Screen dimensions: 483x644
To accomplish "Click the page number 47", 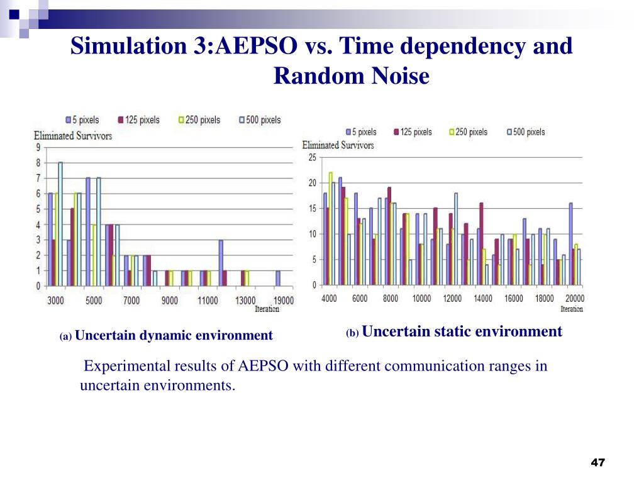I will coord(597,463).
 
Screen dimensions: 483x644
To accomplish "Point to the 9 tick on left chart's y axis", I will coord(38,148).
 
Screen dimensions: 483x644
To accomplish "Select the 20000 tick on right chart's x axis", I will coord(575,298).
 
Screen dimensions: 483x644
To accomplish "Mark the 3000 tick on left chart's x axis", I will coord(56,300).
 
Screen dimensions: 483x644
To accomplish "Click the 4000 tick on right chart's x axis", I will coord(329,298).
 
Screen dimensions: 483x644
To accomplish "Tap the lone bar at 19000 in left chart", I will coord(278,278).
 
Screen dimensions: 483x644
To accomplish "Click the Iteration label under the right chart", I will coord(572,309).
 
